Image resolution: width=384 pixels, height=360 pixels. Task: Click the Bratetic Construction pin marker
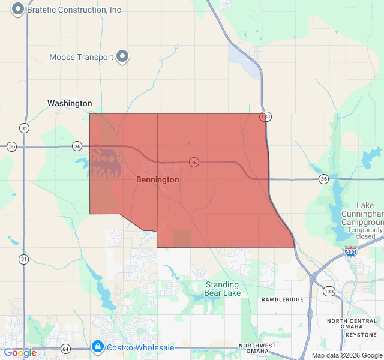18,9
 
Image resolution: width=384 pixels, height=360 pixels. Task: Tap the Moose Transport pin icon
122,57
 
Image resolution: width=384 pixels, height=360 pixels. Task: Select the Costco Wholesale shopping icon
97,347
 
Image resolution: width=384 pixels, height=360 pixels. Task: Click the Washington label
70,103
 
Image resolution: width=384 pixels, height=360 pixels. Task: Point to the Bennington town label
157,179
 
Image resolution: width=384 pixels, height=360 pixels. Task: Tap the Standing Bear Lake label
223,289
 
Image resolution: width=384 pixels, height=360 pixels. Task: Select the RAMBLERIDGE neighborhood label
283,299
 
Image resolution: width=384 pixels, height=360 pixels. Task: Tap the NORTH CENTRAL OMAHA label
352,325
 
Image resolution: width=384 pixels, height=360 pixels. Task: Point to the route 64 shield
65,348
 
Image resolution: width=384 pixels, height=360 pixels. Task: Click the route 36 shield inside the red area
194,162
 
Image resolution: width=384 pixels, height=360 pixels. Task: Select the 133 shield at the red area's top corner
265,116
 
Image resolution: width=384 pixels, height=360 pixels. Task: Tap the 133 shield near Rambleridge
329,291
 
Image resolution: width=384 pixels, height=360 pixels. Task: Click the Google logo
20,353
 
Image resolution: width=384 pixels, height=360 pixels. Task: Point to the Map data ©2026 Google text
346,355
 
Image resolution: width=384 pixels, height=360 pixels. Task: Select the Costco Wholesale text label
140,347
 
